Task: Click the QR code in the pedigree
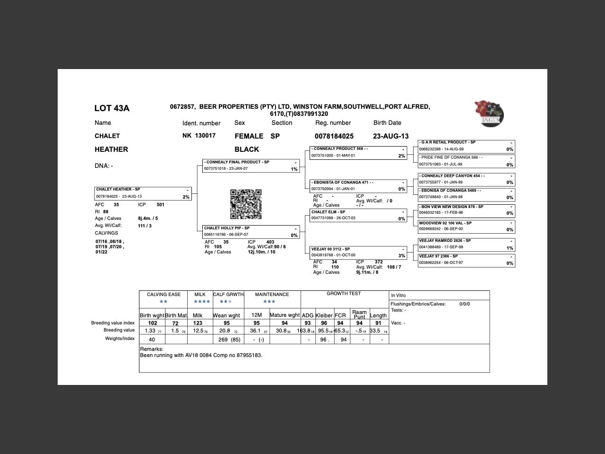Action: point(246,204)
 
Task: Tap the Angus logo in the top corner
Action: point(489,113)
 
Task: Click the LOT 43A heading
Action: point(112,108)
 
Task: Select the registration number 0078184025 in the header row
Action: point(334,136)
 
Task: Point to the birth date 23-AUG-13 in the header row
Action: point(390,136)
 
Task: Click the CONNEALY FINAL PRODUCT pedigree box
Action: point(251,166)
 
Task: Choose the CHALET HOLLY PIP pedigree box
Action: point(251,232)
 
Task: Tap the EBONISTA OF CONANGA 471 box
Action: point(358,185)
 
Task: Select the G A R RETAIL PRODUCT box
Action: point(467,146)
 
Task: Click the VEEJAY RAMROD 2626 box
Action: point(467,244)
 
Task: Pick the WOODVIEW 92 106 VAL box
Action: point(467,226)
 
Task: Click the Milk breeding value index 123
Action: point(198,323)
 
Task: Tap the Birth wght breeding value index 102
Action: point(152,323)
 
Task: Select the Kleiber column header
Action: point(324,315)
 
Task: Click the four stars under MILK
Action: point(201,302)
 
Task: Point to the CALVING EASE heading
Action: point(164,295)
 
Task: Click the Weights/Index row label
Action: point(120,339)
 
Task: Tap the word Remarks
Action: point(151,349)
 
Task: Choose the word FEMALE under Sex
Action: point(249,136)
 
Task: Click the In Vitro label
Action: point(398,296)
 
